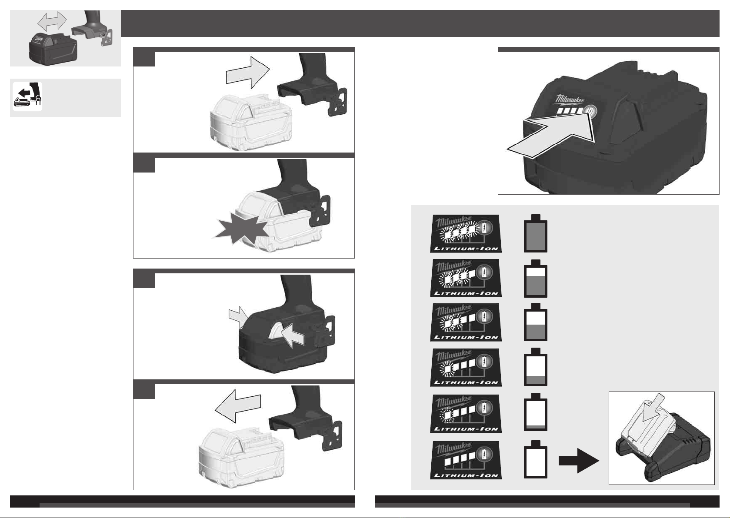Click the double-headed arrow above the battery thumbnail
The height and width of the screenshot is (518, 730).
coord(52,20)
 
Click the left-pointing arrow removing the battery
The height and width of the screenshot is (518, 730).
coord(238,406)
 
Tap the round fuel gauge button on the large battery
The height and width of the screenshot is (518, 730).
coord(590,111)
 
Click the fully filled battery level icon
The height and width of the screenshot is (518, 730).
coord(535,234)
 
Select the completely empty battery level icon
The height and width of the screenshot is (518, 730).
coord(535,460)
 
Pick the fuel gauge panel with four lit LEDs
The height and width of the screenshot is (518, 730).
coord(466,234)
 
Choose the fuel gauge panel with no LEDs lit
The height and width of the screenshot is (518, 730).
coord(466,460)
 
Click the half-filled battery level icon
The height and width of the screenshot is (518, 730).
coord(535,324)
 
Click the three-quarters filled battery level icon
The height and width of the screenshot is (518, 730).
coord(535,279)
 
